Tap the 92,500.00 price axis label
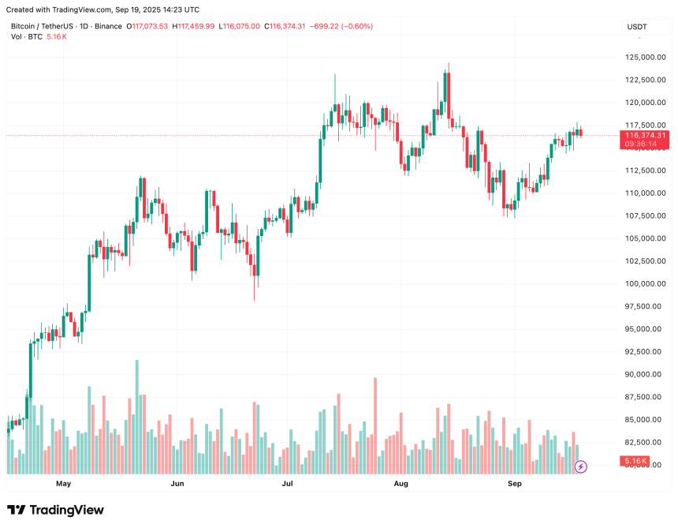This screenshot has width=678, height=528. tap(643, 352)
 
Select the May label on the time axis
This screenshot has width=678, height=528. tap(64, 483)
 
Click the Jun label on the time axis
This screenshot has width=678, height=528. tap(177, 483)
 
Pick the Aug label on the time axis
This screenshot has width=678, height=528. tap(400, 483)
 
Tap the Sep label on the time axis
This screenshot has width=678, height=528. tap(515, 483)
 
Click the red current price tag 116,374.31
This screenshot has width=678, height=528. tap(645, 136)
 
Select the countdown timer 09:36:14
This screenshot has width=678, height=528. tap(645, 144)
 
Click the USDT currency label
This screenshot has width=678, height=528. tap(636, 27)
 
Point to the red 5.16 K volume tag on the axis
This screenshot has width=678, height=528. tap(635, 461)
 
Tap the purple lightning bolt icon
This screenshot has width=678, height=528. tap(581, 466)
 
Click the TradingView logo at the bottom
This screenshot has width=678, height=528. tap(55, 510)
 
